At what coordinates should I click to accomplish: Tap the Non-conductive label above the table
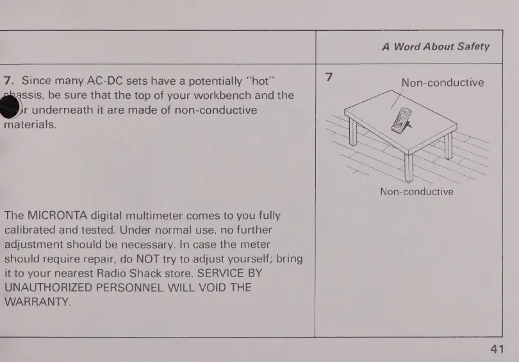(x=442, y=82)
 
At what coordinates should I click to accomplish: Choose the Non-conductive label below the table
(x=416, y=191)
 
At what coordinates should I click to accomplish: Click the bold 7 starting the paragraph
(x=8, y=81)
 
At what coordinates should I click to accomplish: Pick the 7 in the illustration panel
(x=329, y=77)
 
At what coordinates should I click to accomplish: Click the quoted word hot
(x=261, y=81)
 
